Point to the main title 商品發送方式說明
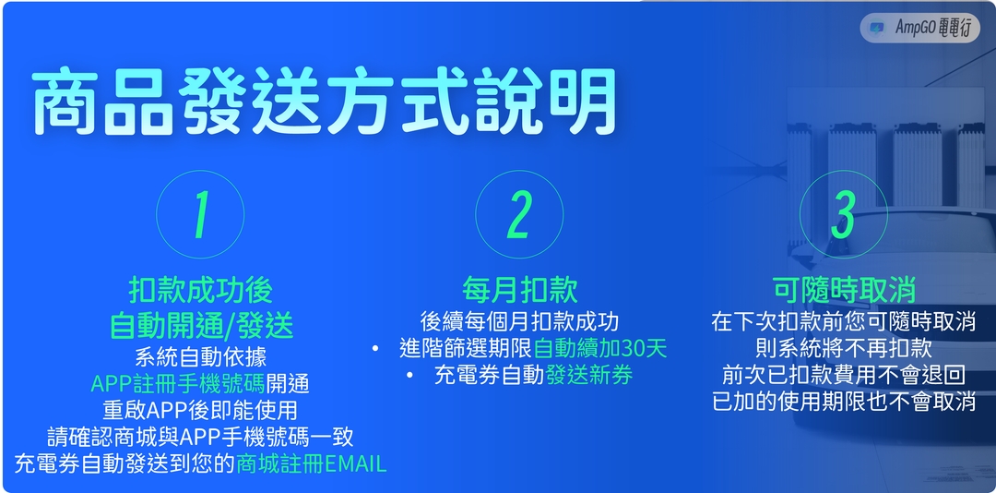325,102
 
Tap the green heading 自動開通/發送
200,325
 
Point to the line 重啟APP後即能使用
200,409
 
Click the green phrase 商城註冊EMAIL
311,463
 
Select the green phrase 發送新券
588,376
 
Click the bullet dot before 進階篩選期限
375,349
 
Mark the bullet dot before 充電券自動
409,376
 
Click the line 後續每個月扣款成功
519,321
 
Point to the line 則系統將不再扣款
843,348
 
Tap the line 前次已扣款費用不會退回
843,375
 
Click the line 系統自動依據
200,356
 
